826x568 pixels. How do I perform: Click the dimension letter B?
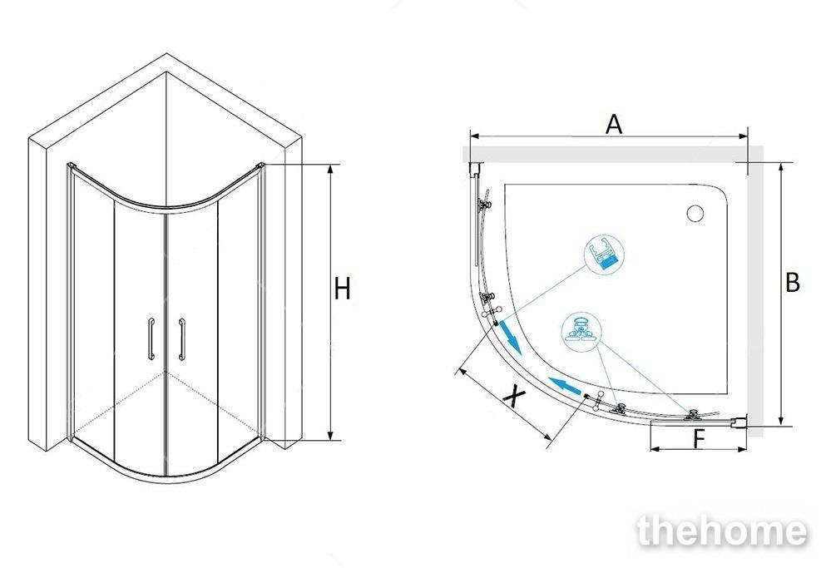[x=793, y=282]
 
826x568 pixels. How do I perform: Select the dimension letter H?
[x=342, y=289]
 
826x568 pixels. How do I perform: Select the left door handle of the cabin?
[x=151, y=338]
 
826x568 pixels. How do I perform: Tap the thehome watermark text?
[x=722, y=531]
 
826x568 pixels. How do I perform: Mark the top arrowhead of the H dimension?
[x=332, y=169]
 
